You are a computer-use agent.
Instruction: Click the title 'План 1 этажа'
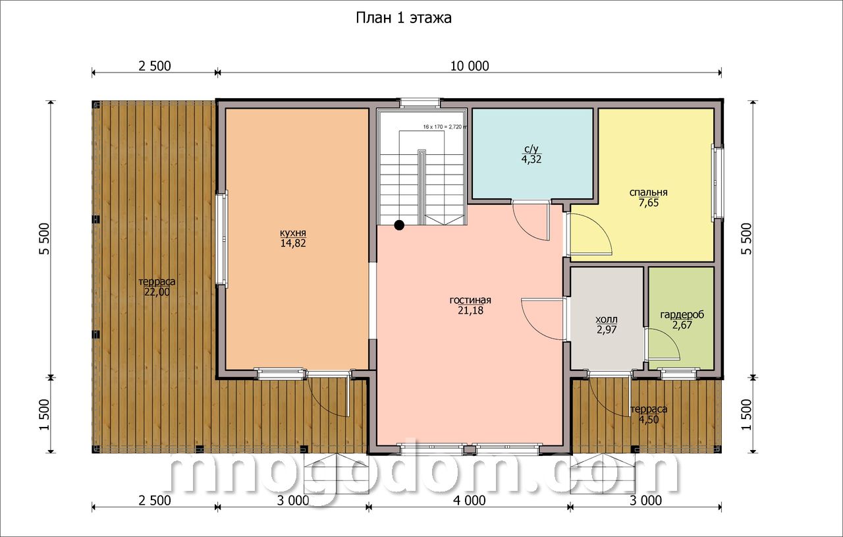(404, 18)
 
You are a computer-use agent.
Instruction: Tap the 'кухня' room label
(293, 233)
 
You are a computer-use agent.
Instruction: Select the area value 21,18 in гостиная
(470, 311)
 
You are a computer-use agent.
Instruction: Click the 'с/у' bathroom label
(531, 149)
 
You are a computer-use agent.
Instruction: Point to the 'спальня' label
(649, 192)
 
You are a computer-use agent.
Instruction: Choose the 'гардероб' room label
(682, 314)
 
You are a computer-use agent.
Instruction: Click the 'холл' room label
(607, 320)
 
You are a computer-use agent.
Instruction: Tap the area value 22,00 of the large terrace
(157, 292)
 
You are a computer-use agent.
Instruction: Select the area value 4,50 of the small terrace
(649, 420)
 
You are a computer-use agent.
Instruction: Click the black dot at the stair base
(399, 225)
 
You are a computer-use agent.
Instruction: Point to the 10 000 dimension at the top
(470, 66)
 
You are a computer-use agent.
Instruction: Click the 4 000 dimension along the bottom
(470, 501)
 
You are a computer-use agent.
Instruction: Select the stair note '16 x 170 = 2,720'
(443, 127)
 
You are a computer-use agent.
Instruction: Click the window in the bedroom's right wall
(717, 182)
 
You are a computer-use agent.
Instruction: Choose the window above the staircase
(420, 102)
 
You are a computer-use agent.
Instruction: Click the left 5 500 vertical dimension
(44, 239)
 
